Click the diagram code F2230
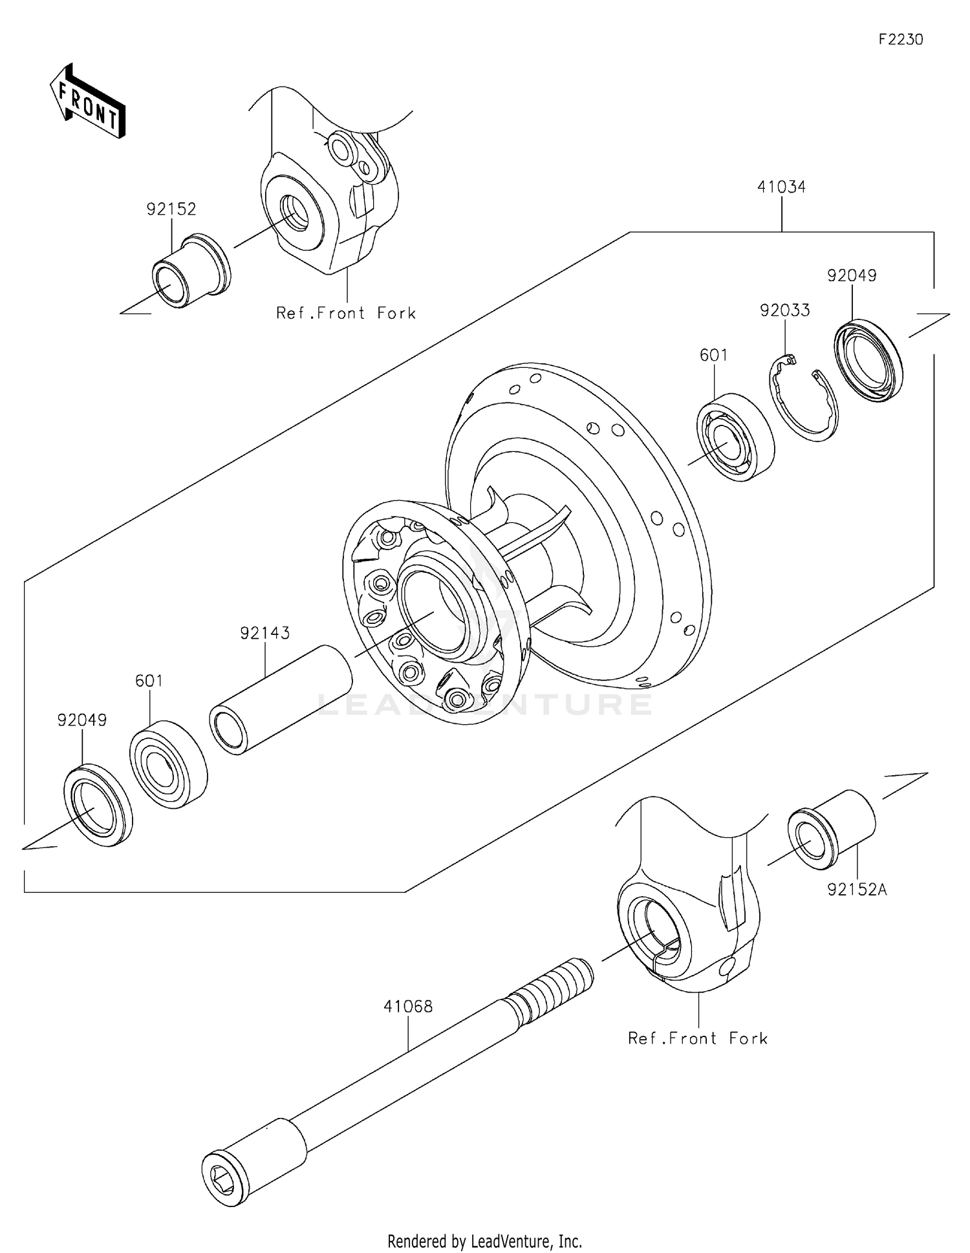[x=900, y=39]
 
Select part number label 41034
[x=781, y=187]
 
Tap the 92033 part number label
[x=784, y=311]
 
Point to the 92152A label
[x=857, y=890]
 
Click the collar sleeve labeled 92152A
[x=832, y=827]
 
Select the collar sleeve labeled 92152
[x=191, y=270]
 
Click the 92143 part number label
[x=264, y=633]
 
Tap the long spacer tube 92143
[x=281, y=699]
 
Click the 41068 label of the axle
[x=408, y=1007]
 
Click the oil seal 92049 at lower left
[x=98, y=804]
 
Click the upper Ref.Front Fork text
[x=346, y=314]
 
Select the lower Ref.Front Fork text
[x=698, y=1039]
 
